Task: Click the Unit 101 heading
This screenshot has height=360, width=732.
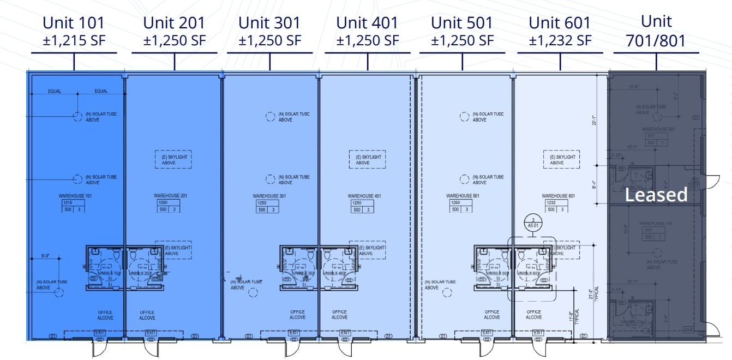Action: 74,23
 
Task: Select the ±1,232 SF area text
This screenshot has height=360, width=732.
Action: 560,40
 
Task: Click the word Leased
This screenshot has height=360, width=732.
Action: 656,195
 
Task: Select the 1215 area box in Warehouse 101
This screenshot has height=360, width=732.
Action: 69,202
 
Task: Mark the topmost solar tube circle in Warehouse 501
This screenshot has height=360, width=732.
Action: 464,116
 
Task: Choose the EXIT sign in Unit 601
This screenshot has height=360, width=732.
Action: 538,333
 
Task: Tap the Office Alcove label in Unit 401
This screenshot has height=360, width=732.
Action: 339,315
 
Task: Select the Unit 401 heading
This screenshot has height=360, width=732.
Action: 367,23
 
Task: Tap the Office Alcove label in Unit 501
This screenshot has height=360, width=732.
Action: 492,315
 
